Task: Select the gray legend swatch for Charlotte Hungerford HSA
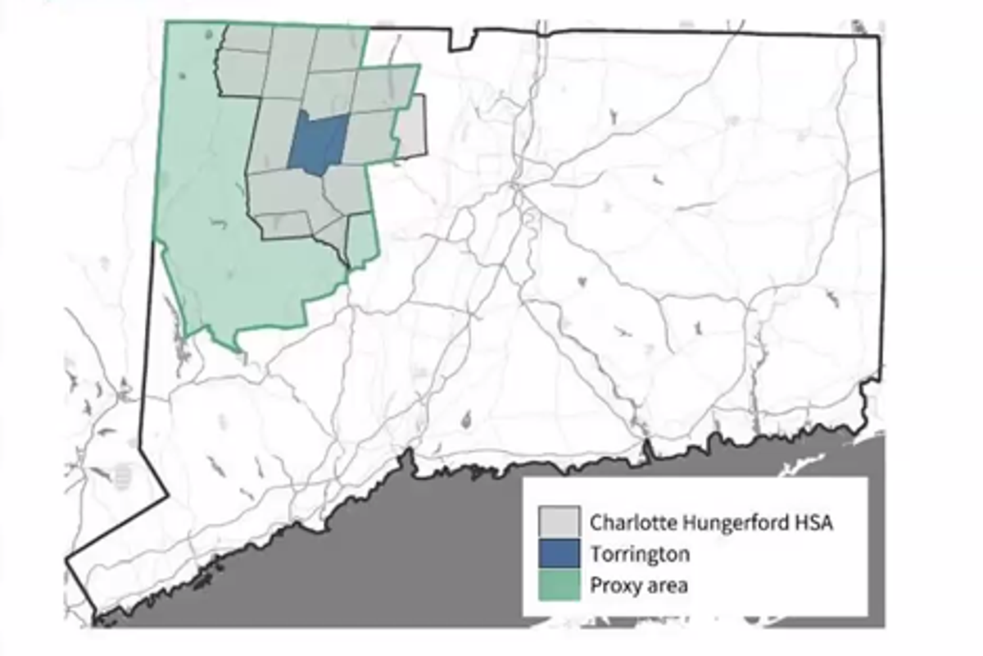point(559,522)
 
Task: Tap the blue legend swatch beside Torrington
point(559,553)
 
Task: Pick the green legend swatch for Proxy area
point(559,585)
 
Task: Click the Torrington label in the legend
point(640,553)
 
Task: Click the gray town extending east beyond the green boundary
point(412,125)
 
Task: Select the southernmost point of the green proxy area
point(240,351)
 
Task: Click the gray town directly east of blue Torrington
point(369,135)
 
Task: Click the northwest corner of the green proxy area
point(167,23)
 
